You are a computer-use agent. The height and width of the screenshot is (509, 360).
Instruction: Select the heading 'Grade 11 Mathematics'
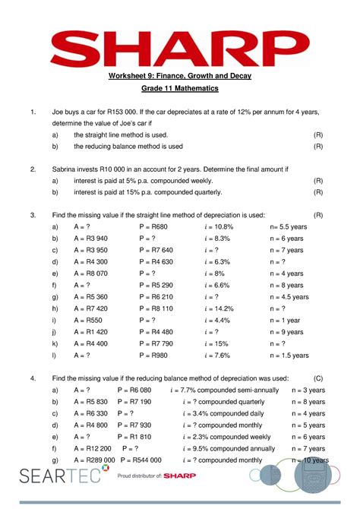tap(179, 88)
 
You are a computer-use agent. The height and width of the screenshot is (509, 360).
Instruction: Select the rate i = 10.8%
tap(219, 226)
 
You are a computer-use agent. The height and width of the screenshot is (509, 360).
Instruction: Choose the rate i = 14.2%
tap(219, 308)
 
